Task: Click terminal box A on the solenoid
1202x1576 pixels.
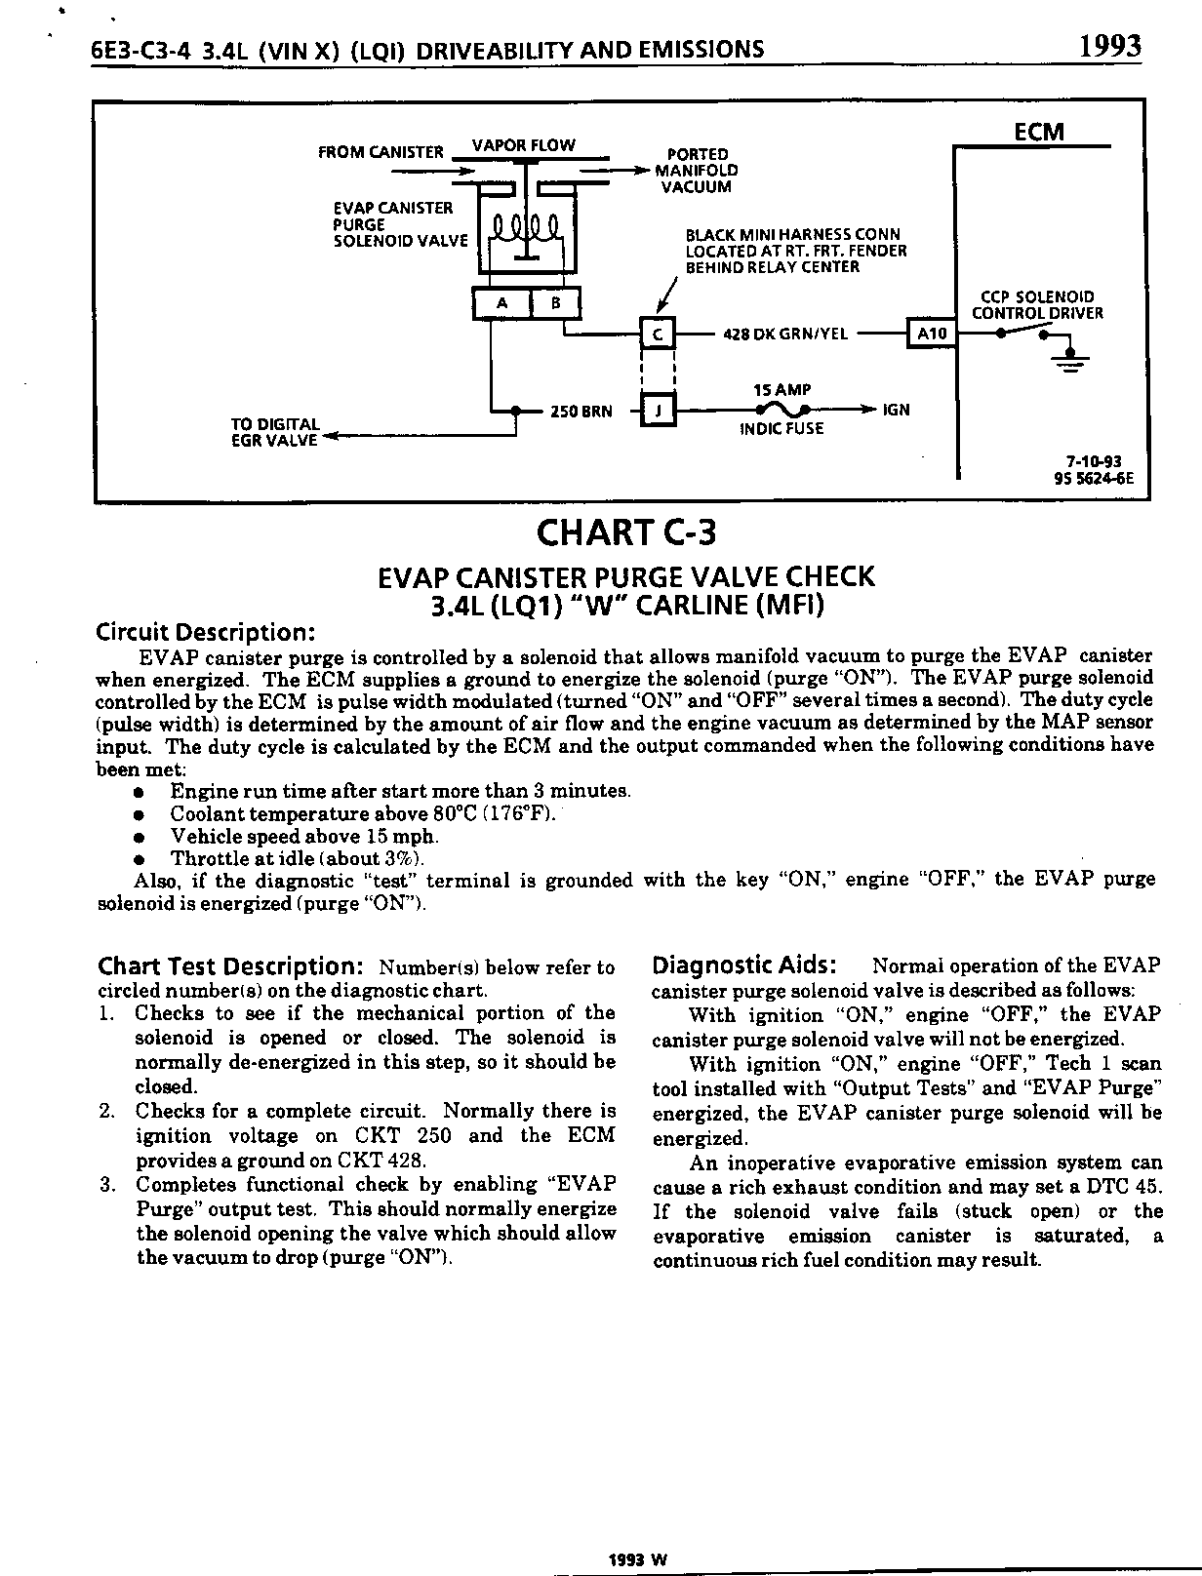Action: pos(501,303)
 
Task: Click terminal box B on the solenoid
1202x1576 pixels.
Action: pos(555,303)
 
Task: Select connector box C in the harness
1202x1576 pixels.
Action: pos(658,334)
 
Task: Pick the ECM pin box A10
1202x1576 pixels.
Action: pos(932,334)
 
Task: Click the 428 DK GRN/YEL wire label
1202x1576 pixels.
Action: pos(785,334)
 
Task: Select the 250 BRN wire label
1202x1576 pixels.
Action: pos(581,412)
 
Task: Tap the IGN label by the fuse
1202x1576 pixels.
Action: pos(896,410)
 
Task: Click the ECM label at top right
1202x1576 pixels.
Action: pos(1038,132)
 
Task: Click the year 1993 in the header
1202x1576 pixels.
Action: pos(1109,47)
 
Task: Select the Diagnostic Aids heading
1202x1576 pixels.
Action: pos(743,965)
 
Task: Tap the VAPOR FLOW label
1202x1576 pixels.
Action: pos(523,145)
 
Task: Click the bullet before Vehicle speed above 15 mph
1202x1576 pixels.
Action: pos(140,837)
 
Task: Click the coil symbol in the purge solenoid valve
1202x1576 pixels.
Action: pos(525,232)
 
